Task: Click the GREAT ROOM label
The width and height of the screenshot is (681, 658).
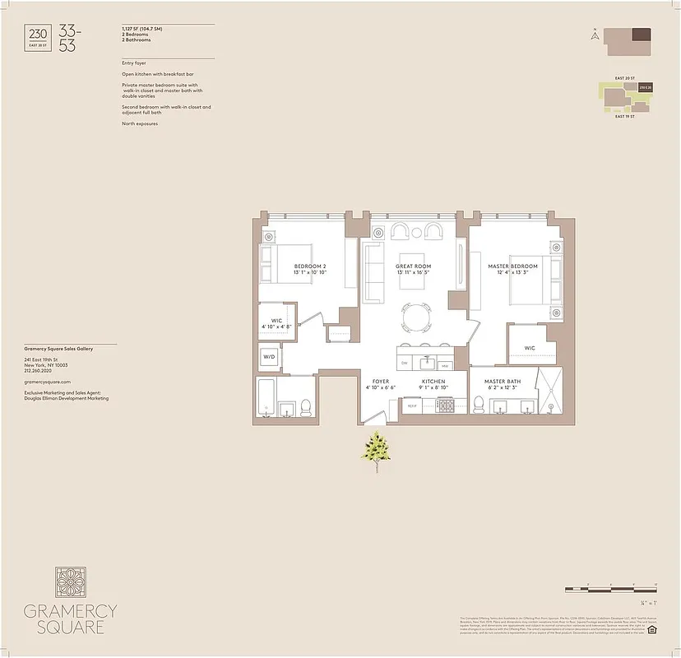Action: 413,266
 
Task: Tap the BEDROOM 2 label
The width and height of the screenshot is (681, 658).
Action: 311,266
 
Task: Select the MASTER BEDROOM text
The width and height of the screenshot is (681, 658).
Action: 512,266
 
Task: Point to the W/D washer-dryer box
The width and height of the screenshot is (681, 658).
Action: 269,357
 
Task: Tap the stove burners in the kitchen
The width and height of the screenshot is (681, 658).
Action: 446,405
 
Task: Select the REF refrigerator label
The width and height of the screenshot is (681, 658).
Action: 412,405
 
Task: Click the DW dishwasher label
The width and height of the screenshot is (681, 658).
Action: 405,362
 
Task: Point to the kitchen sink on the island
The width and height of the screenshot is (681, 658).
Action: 426,361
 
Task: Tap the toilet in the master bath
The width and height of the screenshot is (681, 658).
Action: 479,403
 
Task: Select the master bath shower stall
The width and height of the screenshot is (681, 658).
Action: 549,392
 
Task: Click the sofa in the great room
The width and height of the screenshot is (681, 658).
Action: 375,274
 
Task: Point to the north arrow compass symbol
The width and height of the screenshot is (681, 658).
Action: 594,35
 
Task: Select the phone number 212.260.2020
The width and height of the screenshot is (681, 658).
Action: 42,370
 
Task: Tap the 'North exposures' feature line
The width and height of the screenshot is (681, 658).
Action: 140,123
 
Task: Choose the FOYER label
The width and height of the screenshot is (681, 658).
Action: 381,382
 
